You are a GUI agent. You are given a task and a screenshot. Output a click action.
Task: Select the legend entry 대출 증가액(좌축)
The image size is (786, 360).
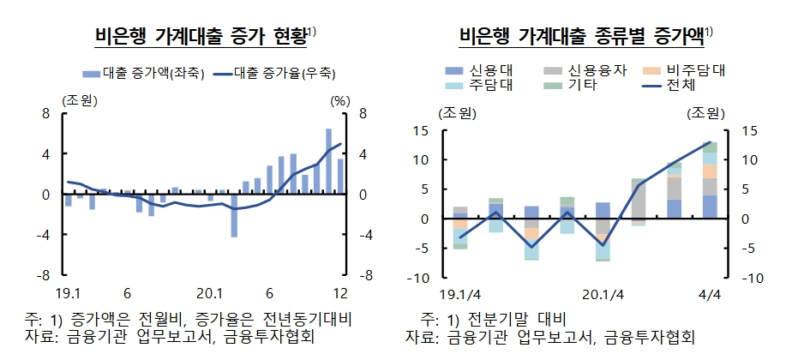(143, 74)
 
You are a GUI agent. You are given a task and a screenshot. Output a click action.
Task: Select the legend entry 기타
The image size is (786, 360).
(584, 85)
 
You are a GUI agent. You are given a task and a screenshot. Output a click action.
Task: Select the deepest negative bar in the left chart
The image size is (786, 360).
(233, 215)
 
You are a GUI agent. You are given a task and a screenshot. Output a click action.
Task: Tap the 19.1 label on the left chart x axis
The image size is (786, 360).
(70, 291)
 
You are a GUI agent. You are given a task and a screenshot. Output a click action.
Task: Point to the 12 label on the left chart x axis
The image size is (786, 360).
(340, 291)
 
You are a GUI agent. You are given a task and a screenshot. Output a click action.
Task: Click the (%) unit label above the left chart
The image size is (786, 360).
(340, 100)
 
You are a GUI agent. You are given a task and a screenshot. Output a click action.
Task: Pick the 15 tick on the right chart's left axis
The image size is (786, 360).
(444, 130)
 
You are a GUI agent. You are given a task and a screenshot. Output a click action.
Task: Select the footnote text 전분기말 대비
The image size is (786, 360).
(501, 317)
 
